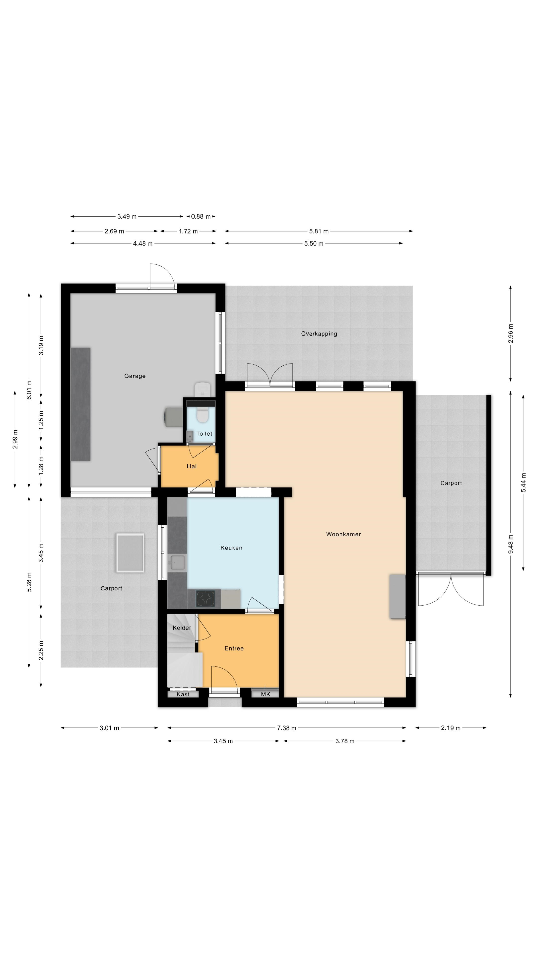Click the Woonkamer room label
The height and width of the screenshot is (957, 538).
pyautogui.click(x=343, y=534)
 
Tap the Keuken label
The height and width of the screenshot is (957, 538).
pyautogui.click(x=231, y=548)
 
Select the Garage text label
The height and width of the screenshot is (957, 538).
pyautogui.click(x=135, y=376)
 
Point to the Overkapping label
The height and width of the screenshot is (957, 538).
pyautogui.click(x=319, y=334)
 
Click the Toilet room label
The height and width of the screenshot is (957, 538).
pyautogui.click(x=204, y=434)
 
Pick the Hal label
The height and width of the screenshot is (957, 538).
pyautogui.click(x=192, y=466)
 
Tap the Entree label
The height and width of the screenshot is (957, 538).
pyautogui.click(x=234, y=648)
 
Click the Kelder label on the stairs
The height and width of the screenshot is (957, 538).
pyautogui.click(x=182, y=628)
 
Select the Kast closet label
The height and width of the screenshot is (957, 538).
pyautogui.click(x=183, y=694)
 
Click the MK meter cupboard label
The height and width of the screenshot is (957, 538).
pyautogui.click(x=266, y=694)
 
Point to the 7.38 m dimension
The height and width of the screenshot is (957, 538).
pyautogui.click(x=287, y=728)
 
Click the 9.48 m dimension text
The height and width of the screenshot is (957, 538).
pyautogui.click(x=511, y=544)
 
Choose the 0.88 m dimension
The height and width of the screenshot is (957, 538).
pyautogui.click(x=201, y=216)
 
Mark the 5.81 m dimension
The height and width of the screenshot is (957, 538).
pyautogui.click(x=319, y=231)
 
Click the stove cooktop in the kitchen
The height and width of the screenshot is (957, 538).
pyautogui.click(x=205, y=598)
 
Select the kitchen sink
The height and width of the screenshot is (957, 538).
pyautogui.click(x=177, y=562)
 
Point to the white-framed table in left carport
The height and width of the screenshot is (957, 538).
pyautogui.click(x=130, y=553)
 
